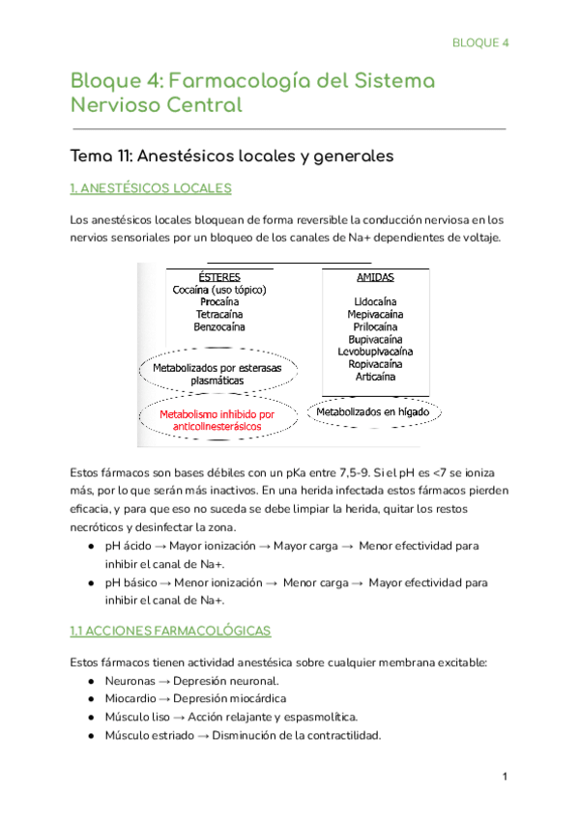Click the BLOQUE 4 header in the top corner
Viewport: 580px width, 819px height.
click(x=480, y=42)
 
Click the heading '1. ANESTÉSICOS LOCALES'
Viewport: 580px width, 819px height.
click(x=150, y=187)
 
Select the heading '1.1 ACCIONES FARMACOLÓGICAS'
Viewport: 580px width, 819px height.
click(x=170, y=631)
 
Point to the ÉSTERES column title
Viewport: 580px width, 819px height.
click(x=218, y=276)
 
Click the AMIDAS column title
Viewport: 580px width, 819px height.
click(x=362, y=277)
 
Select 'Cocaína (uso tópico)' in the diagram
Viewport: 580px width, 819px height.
click(x=219, y=290)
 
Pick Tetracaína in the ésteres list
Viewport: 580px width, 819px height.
click(x=219, y=315)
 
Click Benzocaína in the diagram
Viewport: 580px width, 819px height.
click(x=219, y=327)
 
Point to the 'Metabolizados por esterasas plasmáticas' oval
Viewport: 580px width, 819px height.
click(x=217, y=374)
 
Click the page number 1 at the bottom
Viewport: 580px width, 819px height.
click(x=505, y=777)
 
